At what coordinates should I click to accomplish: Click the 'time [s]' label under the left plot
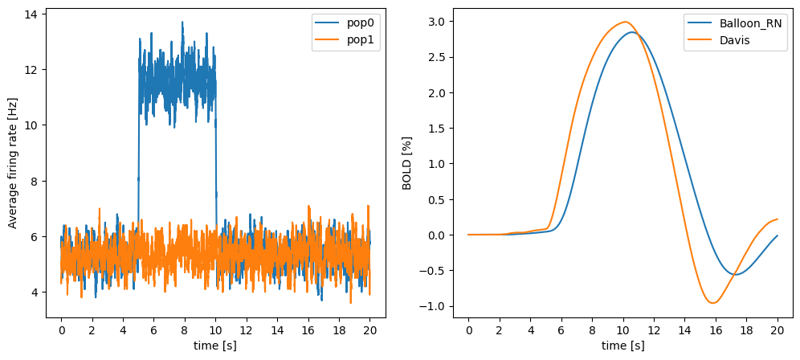tap(215, 346)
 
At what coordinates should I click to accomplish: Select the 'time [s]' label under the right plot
tap(622, 346)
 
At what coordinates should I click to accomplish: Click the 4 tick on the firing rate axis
tap(35, 292)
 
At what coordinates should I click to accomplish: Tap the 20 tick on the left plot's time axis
tap(369, 328)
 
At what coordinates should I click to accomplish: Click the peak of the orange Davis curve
tap(624, 22)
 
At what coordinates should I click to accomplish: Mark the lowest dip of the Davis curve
tap(712, 303)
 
